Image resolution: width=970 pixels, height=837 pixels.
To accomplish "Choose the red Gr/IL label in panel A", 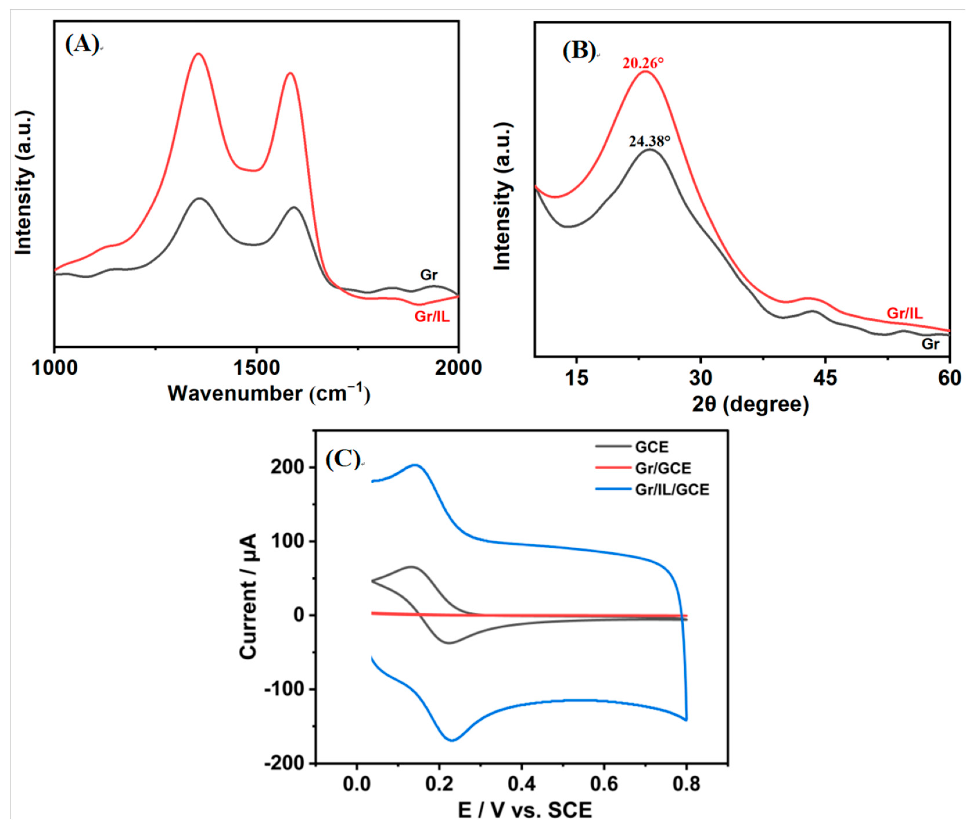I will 432,317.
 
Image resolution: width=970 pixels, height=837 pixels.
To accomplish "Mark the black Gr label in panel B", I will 930,344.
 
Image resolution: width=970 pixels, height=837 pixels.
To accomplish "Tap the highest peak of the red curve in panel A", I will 198,53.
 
